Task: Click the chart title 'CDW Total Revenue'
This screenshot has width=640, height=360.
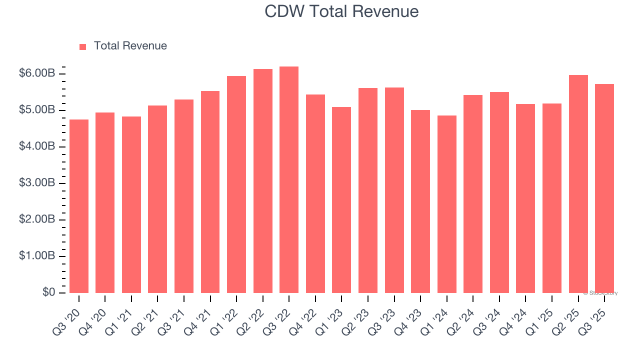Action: tap(341, 11)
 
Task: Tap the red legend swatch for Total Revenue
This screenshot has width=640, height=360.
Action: tap(83, 46)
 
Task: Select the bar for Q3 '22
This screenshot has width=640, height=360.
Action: tap(289, 179)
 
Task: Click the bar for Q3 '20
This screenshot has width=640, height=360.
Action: tap(79, 206)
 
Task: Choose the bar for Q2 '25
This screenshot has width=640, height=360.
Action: tap(578, 184)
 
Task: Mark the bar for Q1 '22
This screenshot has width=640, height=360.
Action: tap(236, 184)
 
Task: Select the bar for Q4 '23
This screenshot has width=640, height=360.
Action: tap(420, 201)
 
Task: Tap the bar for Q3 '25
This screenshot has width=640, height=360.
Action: tap(604, 188)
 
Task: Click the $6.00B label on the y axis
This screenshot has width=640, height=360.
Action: tap(37, 73)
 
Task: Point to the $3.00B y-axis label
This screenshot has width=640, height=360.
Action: tap(37, 183)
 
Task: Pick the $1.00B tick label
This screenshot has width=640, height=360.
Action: tap(37, 256)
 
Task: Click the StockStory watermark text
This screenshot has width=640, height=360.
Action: tap(600, 293)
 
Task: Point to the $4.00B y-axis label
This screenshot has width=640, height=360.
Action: tap(37, 146)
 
